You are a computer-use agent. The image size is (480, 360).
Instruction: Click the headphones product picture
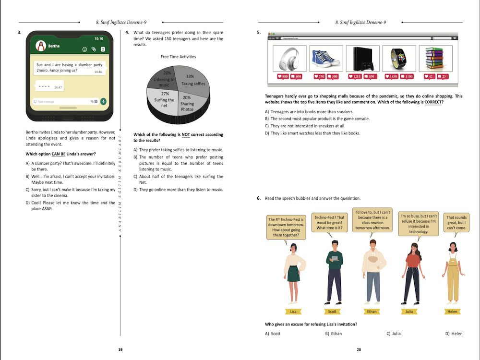pos(289,59)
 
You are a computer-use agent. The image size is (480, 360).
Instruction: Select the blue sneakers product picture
pos(326,59)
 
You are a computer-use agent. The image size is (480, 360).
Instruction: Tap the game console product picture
pos(362,59)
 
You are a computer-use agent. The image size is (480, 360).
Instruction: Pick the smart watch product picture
pos(399,59)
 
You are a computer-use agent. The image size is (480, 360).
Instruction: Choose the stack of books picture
pos(435,59)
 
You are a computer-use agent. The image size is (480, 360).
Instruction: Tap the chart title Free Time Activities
pos(178,57)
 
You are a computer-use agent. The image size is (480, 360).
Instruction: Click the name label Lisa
pos(293,312)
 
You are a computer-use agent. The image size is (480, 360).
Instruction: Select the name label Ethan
pos(372,312)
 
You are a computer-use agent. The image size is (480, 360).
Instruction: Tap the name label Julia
pos(409,312)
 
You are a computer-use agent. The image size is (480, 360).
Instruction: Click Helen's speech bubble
pos(456,223)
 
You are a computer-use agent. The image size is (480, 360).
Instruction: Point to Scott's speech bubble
pos(329,223)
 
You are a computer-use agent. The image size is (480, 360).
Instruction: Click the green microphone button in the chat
pos(103,101)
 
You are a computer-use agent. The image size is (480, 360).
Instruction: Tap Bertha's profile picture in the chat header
pos(41,46)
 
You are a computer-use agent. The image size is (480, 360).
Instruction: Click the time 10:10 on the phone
pos(98,38)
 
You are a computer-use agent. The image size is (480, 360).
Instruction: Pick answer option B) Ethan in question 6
pos(334,334)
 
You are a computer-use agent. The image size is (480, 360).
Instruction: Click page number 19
pos(120,349)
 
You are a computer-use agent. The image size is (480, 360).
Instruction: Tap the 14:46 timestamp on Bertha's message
pos(98,72)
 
